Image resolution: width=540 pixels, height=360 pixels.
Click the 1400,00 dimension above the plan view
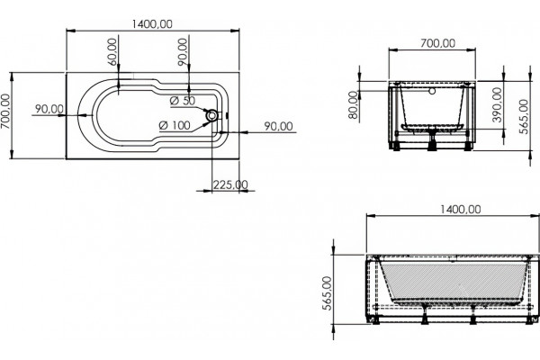[x=152, y=24]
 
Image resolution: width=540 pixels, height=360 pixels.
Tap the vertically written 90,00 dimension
[x=183, y=51]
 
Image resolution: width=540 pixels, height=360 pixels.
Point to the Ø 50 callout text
[x=183, y=101]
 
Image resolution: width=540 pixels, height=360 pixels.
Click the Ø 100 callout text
[x=175, y=125]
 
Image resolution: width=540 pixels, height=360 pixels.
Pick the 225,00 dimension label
[x=230, y=184]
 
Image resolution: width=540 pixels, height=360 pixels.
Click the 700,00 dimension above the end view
[x=437, y=43]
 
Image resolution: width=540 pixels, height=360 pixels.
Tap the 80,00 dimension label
[x=353, y=105]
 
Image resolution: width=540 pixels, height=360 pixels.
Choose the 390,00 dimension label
[x=497, y=104]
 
